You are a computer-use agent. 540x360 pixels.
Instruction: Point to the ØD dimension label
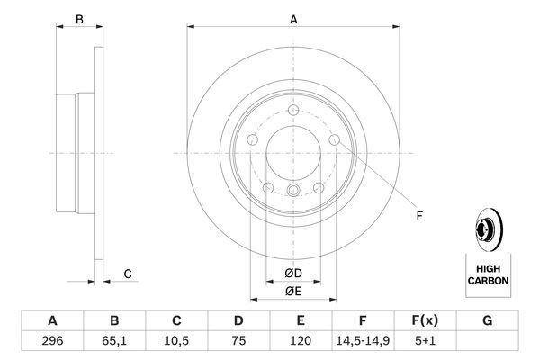(x=294, y=274)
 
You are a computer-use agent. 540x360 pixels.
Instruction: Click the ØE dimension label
(x=294, y=291)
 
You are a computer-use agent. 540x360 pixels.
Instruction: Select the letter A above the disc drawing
(x=294, y=17)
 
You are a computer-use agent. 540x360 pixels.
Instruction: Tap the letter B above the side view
(x=79, y=19)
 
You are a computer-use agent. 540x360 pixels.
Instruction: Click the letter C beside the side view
(x=128, y=274)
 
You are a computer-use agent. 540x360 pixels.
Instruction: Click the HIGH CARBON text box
(x=487, y=274)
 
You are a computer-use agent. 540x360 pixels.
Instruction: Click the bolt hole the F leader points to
(x=335, y=141)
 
